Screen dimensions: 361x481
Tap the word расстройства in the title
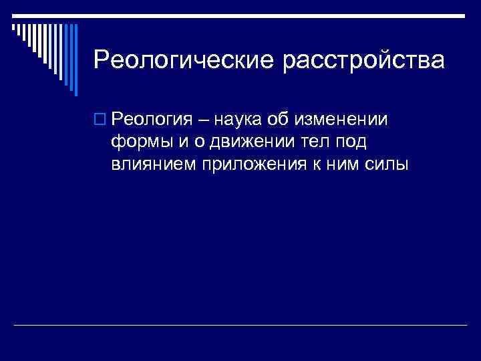(x=364, y=60)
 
